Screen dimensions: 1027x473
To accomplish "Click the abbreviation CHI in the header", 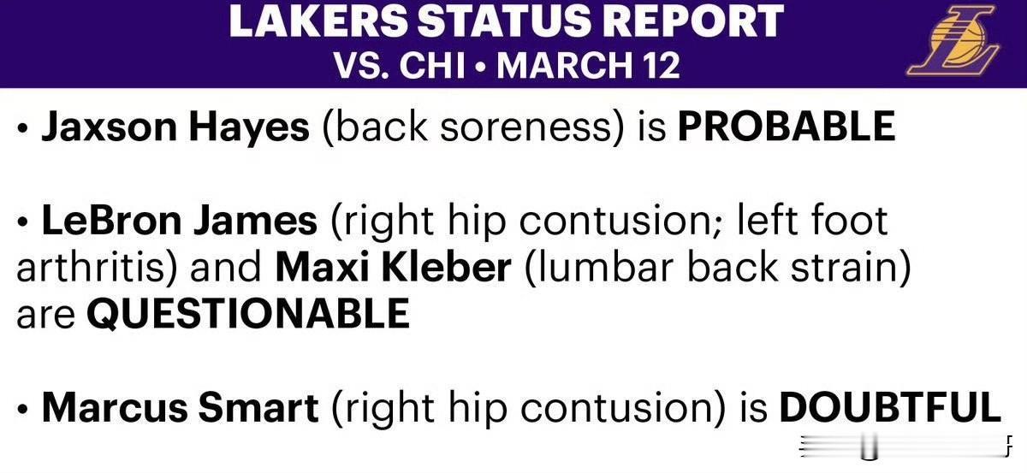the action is (432, 66).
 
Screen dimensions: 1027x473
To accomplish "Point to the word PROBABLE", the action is (787, 126).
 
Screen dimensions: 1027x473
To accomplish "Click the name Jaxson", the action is (110, 127).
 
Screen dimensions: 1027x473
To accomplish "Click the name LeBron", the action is (111, 221).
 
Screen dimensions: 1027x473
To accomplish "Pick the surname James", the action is (255, 221).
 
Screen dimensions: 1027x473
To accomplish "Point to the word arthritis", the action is (90, 267).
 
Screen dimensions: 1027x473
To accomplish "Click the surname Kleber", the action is (446, 267).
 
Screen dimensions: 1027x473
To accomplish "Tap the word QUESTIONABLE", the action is (248, 314).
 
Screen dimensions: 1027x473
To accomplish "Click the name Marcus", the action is (115, 407).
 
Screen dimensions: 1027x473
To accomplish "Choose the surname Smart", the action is (258, 407).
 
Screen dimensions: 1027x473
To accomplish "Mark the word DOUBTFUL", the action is (890, 407).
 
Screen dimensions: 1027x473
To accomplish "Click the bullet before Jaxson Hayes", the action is (22, 128).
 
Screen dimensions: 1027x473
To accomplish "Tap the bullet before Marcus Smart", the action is (22, 409).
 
